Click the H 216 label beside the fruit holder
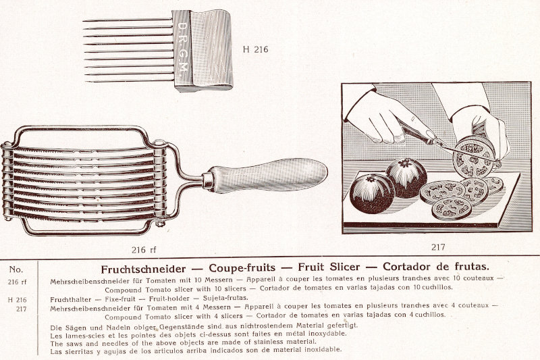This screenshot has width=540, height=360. point(255,49)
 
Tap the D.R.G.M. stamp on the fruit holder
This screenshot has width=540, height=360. point(183,47)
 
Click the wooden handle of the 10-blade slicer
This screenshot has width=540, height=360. point(269,175)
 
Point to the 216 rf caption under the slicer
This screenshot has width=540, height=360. point(144,250)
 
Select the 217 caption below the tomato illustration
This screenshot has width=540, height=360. point(438,247)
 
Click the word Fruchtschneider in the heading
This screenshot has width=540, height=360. point(143,269)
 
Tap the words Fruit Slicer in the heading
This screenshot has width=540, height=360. point(329,267)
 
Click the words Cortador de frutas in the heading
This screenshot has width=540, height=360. point(436,266)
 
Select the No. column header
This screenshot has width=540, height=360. point(16,269)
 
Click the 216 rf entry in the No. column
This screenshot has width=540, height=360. point(18,282)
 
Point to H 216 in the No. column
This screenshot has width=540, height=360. point(18,300)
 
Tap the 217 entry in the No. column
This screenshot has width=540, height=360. point(22,309)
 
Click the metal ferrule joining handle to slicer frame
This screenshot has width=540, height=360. point(208,180)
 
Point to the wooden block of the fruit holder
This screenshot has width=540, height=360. point(202,50)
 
